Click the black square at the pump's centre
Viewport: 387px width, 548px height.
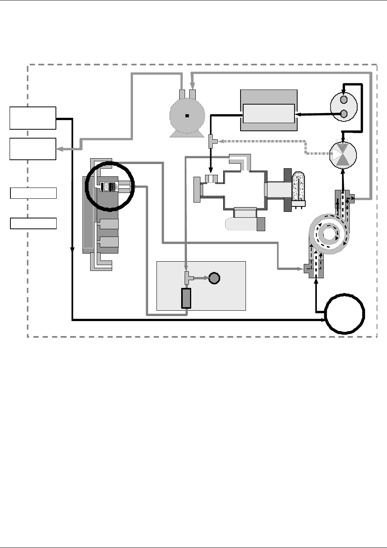(187, 116)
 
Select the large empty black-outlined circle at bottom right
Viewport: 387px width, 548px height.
(345, 314)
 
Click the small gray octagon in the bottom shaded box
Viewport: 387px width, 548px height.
(214, 278)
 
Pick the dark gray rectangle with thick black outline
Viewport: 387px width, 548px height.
(186, 298)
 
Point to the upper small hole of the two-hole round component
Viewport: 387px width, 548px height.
(344, 100)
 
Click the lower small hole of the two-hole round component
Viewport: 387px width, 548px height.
(344, 113)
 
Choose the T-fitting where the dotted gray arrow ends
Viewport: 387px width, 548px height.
(212, 141)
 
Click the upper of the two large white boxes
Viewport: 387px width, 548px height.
(33, 118)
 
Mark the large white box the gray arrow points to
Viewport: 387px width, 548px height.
(33, 149)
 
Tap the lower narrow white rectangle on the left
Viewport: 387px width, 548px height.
(33, 223)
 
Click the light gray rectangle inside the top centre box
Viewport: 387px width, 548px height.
(269, 113)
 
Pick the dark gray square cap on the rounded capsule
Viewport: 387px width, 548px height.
(261, 224)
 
